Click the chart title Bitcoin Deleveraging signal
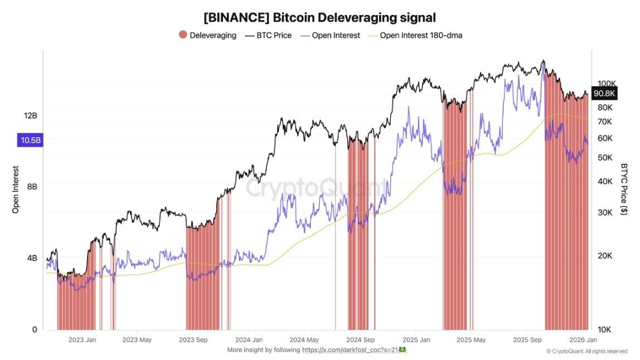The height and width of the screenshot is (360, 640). click(319, 17)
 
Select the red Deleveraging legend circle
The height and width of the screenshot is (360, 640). click(183, 35)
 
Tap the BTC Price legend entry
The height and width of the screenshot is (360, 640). click(268, 35)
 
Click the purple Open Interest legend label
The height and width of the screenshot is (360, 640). click(336, 35)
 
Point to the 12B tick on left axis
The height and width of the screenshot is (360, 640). click(30, 115)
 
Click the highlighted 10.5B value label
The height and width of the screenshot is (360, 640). click(30, 140)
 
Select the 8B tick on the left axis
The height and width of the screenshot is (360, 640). click(32, 187)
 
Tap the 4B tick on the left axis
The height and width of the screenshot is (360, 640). click(32, 258)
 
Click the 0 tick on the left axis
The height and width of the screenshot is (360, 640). click(35, 329)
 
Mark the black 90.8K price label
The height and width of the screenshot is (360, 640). click(604, 94)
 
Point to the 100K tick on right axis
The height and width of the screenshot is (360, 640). click(605, 83)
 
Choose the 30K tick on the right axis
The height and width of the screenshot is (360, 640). click(605, 212)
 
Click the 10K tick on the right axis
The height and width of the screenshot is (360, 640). click(605, 329)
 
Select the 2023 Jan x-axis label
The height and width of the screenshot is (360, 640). click(82, 339)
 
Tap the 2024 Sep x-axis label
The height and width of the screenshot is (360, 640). click(360, 339)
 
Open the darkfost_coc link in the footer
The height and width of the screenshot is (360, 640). click(349, 350)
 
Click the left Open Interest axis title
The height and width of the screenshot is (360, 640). click(16, 189)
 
